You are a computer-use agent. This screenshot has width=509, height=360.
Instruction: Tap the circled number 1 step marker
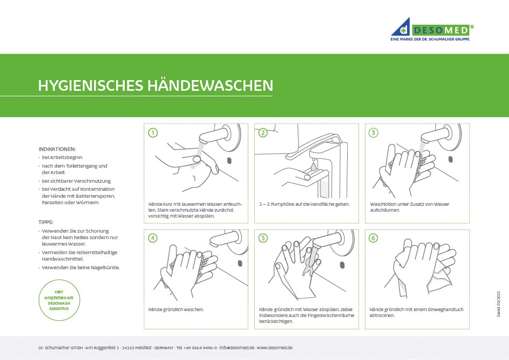coord(153,133)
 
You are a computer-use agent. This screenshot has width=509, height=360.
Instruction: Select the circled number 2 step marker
coord(263,133)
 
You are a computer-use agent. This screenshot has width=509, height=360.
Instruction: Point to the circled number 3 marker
coord(374,133)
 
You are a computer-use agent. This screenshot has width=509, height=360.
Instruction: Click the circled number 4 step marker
coord(153,238)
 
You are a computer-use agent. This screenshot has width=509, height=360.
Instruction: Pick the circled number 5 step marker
coord(263,238)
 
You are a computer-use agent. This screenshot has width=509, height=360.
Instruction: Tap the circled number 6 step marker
coord(374,238)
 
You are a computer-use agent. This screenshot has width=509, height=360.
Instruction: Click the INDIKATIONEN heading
coord(57,149)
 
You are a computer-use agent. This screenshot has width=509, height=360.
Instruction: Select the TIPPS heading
coord(46,221)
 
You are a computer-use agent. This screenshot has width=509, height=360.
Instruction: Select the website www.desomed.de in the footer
coord(275,348)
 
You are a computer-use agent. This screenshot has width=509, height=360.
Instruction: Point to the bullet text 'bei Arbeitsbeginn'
coord(62,157)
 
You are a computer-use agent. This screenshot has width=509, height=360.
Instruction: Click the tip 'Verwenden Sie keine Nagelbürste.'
coord(81,267)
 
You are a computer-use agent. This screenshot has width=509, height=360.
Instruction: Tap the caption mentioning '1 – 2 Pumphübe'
coord(304,204)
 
